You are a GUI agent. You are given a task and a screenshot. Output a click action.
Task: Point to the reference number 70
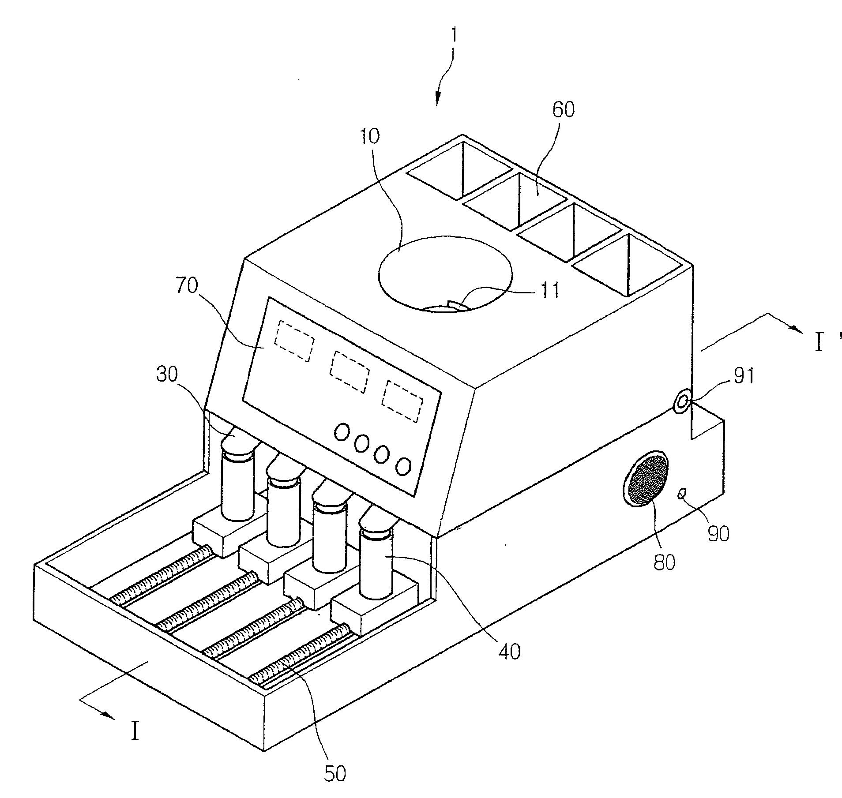(187, 286)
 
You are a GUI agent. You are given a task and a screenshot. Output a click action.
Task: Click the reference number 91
(744, 376)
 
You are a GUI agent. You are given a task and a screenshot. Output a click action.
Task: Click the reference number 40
(510, 651)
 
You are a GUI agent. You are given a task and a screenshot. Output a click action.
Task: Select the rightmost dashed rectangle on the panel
(402, 401)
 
